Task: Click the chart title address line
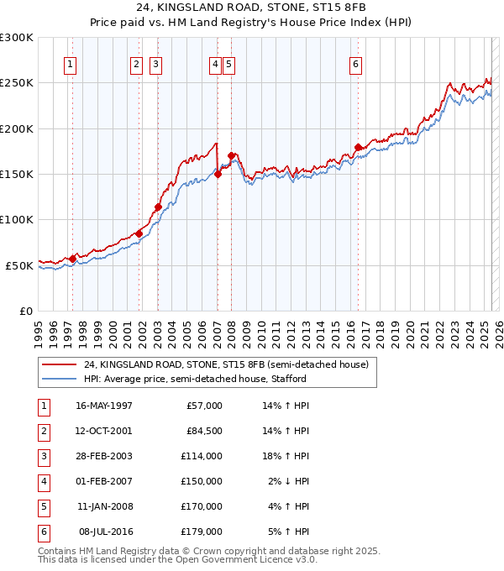251,7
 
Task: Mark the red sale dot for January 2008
231,156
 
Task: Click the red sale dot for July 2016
358,148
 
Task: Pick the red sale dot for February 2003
158,207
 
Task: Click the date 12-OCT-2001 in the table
103,431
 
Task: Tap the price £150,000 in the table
202,481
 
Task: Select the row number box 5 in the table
43,506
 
